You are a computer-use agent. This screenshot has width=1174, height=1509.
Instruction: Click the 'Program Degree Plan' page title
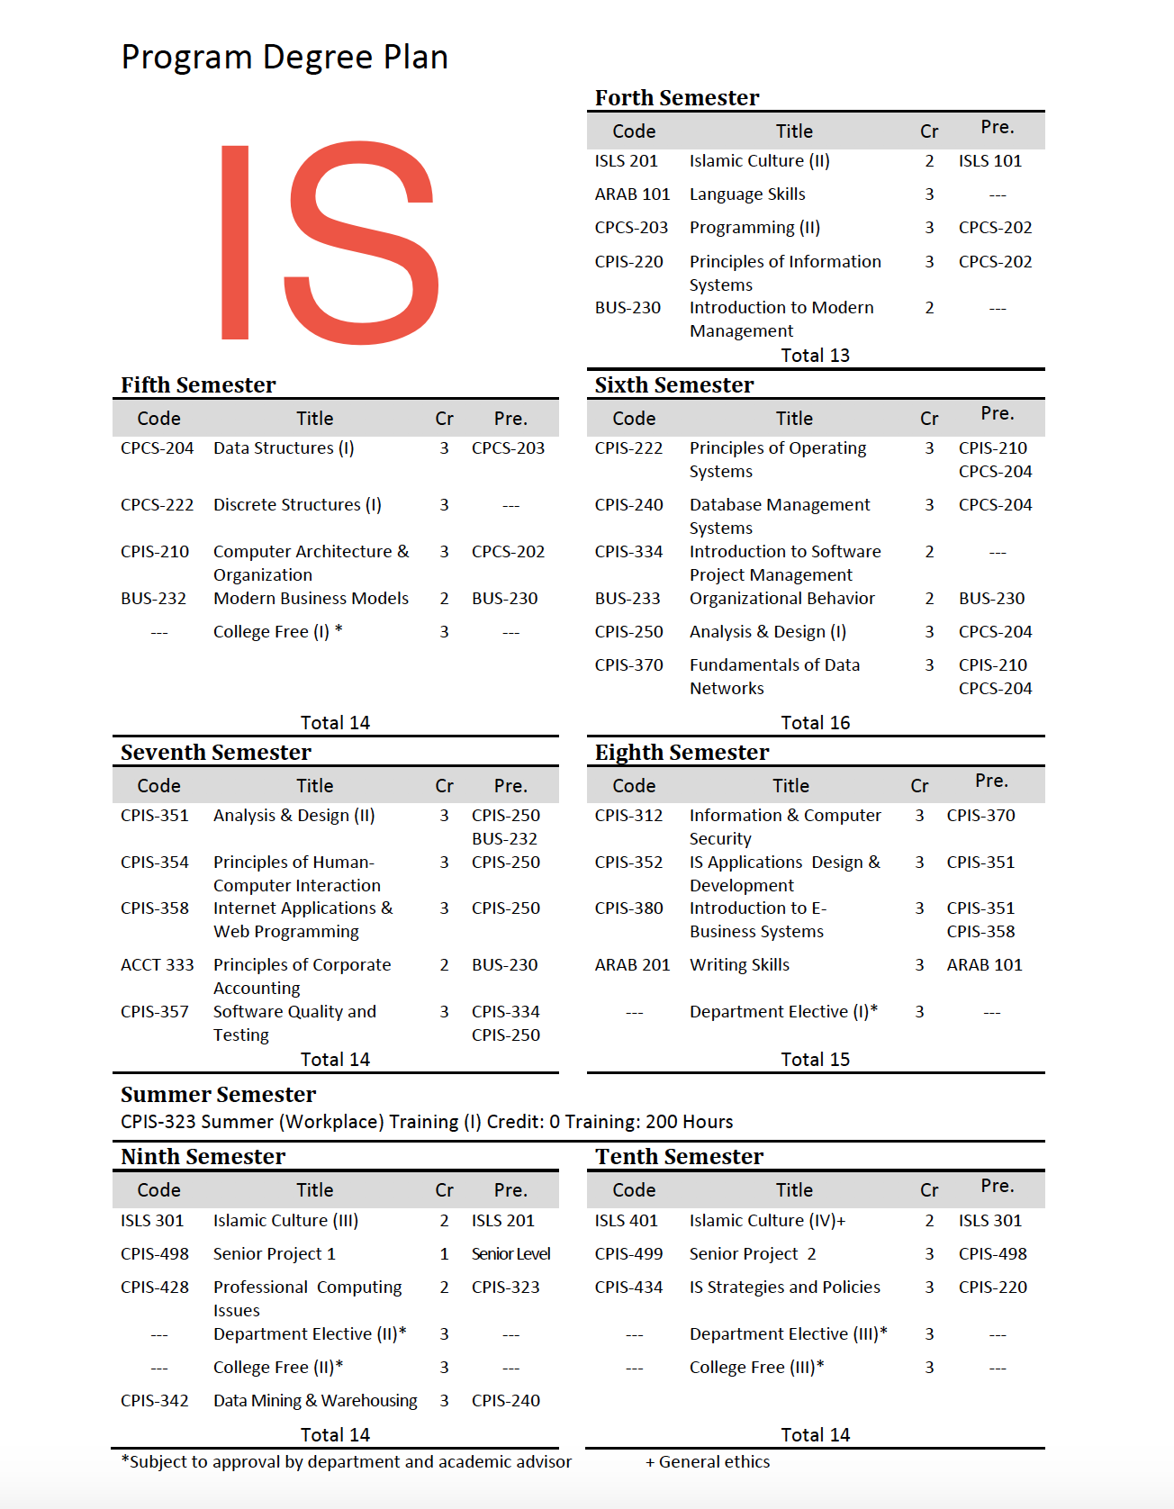[284, 58]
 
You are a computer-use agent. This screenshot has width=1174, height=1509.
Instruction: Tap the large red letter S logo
[362, 243]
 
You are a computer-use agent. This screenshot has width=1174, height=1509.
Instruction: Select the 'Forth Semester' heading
[676, 98]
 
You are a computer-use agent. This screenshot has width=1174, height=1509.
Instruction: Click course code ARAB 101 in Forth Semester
[632, 194]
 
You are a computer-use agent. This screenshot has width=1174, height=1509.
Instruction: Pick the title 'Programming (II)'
[754, 228]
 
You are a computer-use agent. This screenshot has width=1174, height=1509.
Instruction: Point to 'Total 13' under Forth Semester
[815, 356]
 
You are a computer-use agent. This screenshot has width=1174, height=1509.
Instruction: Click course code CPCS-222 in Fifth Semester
[157, 505]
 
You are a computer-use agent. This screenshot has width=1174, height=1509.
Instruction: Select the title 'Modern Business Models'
[311, 599]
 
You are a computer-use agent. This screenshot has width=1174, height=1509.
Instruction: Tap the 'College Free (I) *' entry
[277, 632]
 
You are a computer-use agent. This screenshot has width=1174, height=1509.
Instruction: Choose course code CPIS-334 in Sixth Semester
[628, 552]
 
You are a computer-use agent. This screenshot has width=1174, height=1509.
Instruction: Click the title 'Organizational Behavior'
[781, 599]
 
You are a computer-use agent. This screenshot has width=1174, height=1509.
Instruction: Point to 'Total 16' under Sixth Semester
[815, 723]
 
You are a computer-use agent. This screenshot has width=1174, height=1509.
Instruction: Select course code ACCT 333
[157, 965]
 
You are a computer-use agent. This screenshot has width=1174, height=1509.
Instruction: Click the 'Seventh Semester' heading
[216, 753]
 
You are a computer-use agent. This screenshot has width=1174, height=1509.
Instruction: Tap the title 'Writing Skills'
[739, 965]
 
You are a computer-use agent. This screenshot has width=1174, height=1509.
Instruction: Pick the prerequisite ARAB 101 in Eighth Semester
[984, 965]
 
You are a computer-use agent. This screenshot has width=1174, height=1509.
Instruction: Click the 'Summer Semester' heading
[218, 1095]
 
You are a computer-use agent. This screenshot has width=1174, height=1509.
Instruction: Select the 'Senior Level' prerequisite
[510, 1254]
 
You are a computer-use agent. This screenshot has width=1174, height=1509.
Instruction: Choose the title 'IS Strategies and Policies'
[785, 1288]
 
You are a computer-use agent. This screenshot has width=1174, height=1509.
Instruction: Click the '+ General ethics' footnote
[708, 1462]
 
